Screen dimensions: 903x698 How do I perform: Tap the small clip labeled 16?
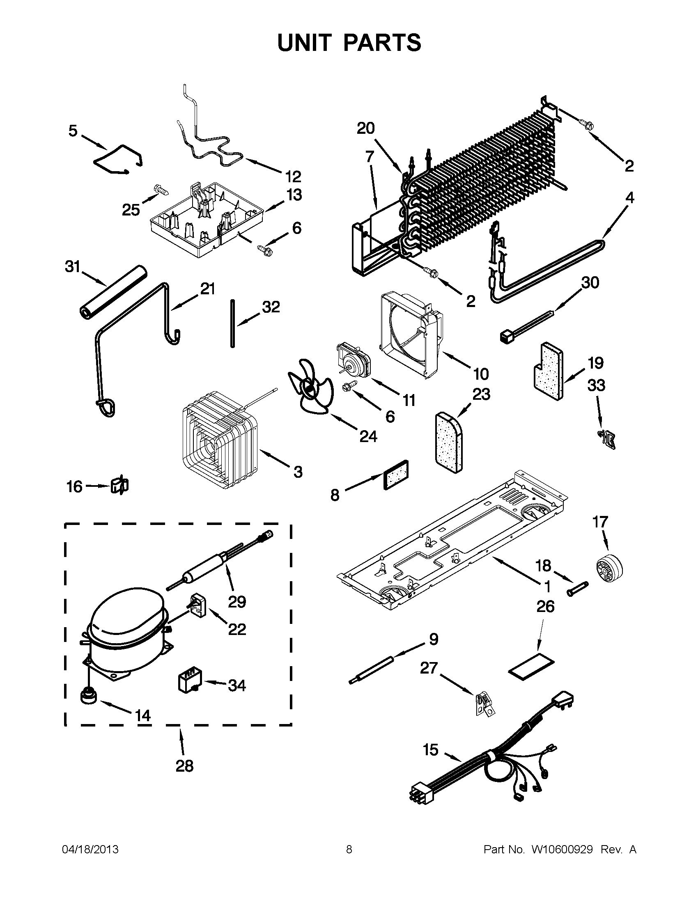pos(119,486)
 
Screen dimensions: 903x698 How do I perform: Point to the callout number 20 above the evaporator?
pos(365,128)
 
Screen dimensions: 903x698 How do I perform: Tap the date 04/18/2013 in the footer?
pos(90,850)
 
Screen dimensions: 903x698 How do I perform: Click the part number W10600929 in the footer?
pos(562,850)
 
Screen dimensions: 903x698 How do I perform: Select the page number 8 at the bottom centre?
pos(349,850)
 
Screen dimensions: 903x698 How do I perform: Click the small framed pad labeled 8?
pos(396,474)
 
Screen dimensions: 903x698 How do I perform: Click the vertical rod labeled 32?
pos(233,323)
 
